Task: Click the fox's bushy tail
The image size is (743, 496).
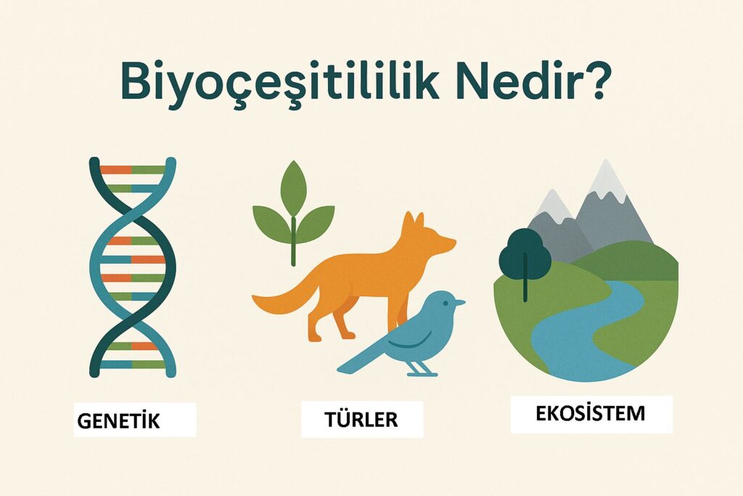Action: click(x=283, y=298)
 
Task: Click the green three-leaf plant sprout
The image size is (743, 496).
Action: click(x=293, y=211)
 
